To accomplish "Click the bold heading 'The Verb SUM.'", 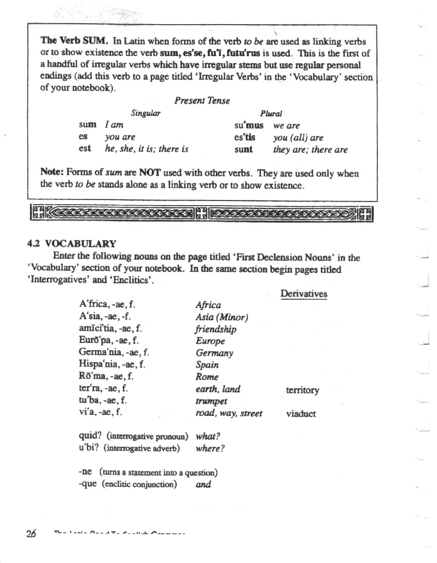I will pos(74,41).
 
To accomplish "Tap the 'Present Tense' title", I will pos(202,101).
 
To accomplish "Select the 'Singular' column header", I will pos(145,113).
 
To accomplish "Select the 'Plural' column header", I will pos(271,114).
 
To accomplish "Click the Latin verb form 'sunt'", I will pos(243,149).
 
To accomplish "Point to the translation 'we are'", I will pos(286,125).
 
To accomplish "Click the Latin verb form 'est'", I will pos(85,149).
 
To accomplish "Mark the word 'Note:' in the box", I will pos(52,173).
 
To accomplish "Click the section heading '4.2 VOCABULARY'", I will pos(71,244).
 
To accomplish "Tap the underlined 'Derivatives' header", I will pos(304,294).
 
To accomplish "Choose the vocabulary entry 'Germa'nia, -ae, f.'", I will pos(114,353).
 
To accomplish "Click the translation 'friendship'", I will pos(216,330).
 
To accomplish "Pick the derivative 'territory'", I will pos(302,390).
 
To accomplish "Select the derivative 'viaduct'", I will pos(301,414).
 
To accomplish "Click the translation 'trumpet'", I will pos(211,402).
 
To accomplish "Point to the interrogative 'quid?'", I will pos(89,437).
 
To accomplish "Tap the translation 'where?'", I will pos(210,448).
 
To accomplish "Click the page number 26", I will pos(31,533).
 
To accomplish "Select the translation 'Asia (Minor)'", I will pos(222,317).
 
